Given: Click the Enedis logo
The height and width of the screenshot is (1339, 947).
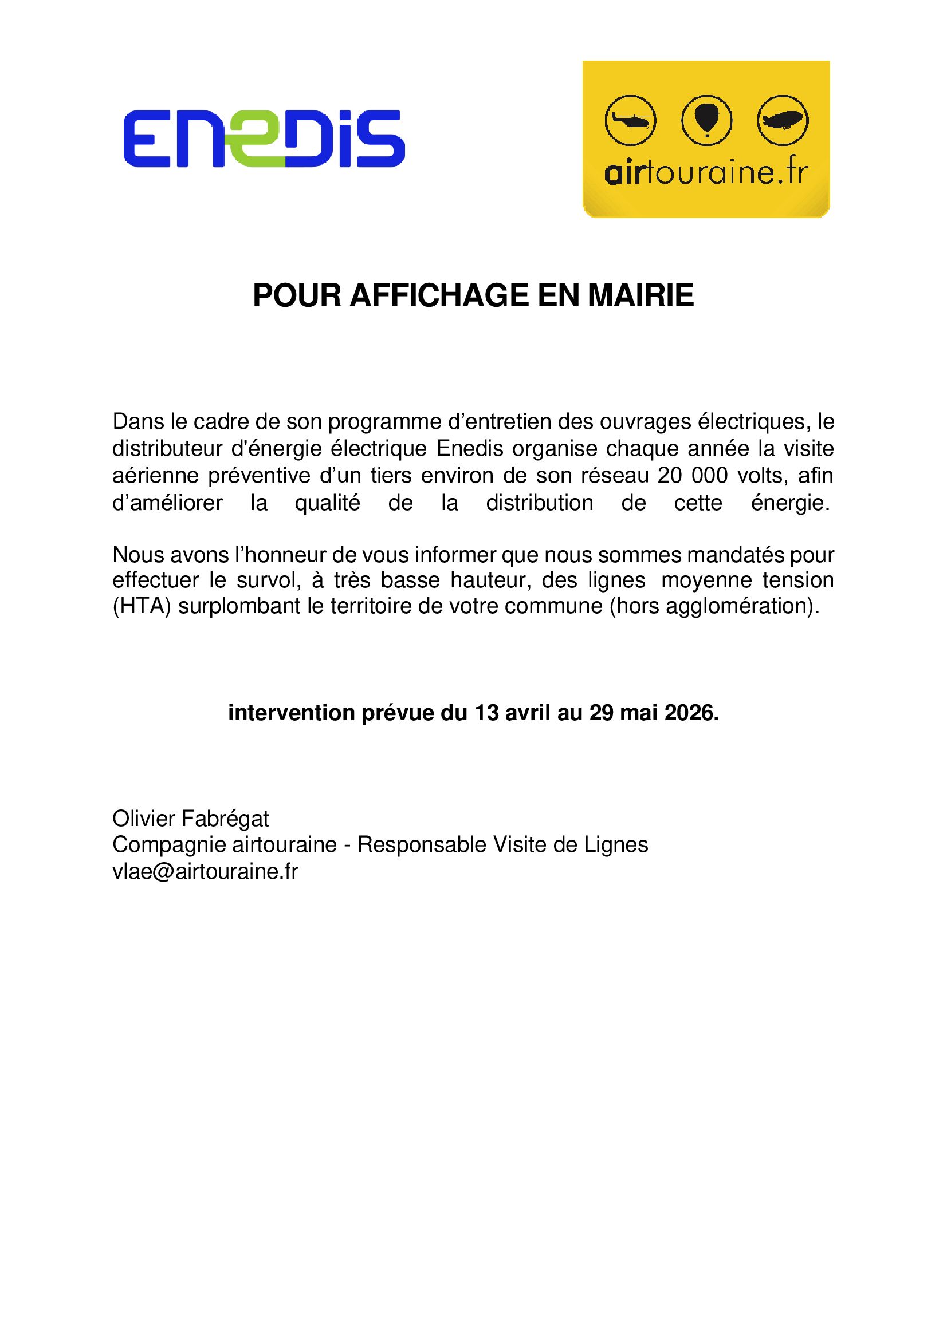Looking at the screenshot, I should [x=264, y=139].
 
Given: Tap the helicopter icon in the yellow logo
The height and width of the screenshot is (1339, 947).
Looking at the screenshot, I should [x=630, y=121].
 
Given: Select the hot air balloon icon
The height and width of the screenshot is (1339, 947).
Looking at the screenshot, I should [x=706, y=120].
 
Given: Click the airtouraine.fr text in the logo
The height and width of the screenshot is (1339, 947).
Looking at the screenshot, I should [x=706, y=174].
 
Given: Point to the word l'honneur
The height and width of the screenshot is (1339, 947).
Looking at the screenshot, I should [x=280, y=555].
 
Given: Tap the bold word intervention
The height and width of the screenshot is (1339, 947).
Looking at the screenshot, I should [x=291, y=713].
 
